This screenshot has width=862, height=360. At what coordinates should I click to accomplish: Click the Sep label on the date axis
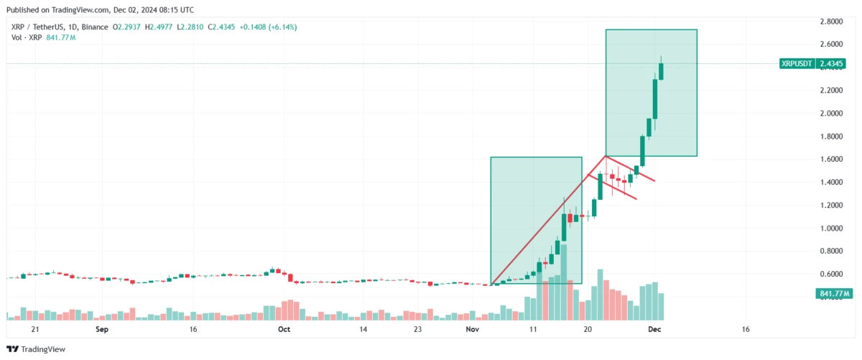tap(101, 330)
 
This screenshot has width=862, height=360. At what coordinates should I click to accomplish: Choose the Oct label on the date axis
tap(284, 330)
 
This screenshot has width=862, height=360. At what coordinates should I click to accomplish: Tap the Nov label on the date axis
tap(472, 330)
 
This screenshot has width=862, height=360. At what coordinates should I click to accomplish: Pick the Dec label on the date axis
tap(654, 330)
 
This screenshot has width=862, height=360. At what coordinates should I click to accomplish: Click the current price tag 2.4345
tap(832, 64)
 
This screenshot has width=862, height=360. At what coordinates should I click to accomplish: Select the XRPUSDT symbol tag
tap(797, 64)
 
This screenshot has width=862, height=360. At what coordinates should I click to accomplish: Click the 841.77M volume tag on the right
tap(834, 294)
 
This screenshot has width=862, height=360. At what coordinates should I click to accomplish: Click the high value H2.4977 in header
tap(159, 27)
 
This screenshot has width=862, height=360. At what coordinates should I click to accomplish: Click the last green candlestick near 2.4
tap(661, 71)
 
